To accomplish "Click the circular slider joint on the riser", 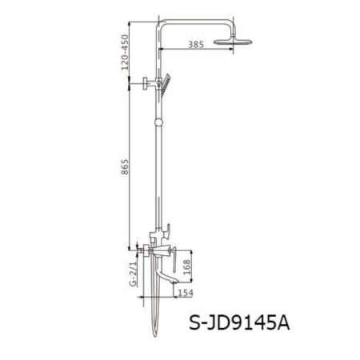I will tap(161, 122).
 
